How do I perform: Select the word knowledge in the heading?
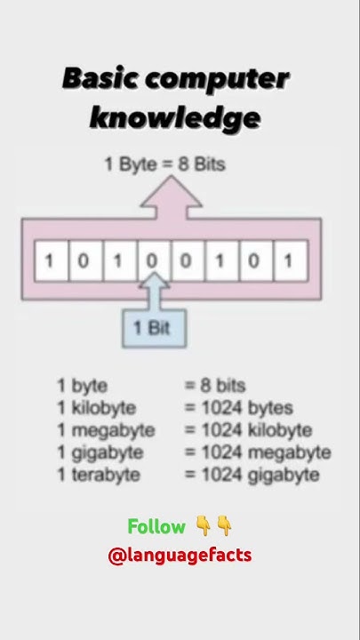[175, 116]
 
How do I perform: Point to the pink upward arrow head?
[172, 194]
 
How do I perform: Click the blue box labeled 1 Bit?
[151, 327]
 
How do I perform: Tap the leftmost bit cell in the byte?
[50, 261]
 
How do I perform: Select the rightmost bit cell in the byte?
[288, 261]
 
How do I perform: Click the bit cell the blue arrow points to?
[152, 261]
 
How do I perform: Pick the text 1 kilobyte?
[97, 408]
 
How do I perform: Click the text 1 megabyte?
[106, 430]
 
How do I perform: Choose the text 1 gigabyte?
[100, 452]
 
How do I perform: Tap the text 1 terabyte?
[99, 475]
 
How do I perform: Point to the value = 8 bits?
[215, 386]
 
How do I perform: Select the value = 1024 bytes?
[238, 408]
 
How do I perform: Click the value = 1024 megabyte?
[258, 452]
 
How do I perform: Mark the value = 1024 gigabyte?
[252, 475]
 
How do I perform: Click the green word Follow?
[156, 527]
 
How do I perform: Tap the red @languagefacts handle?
[180, 556]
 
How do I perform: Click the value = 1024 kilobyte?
[248, 430]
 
